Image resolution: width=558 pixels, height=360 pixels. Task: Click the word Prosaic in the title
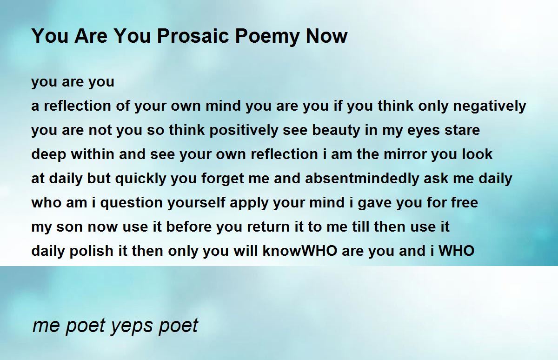193,36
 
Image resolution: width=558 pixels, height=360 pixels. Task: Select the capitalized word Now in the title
326,36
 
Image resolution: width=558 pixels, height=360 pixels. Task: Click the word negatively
490,107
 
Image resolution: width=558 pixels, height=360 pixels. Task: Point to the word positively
244,131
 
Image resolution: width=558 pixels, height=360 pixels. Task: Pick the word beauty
336,131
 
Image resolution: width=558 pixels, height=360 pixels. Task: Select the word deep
49,155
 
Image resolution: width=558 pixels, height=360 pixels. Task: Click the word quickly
141,179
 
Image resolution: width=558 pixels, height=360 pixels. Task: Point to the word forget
223,179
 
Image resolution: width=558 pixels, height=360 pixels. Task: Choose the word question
132,203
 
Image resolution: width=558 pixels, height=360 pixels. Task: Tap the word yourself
196,203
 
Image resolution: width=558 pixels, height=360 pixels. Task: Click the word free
465,202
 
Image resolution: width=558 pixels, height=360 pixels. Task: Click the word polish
91,251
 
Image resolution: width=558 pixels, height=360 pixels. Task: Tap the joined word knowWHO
300,251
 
